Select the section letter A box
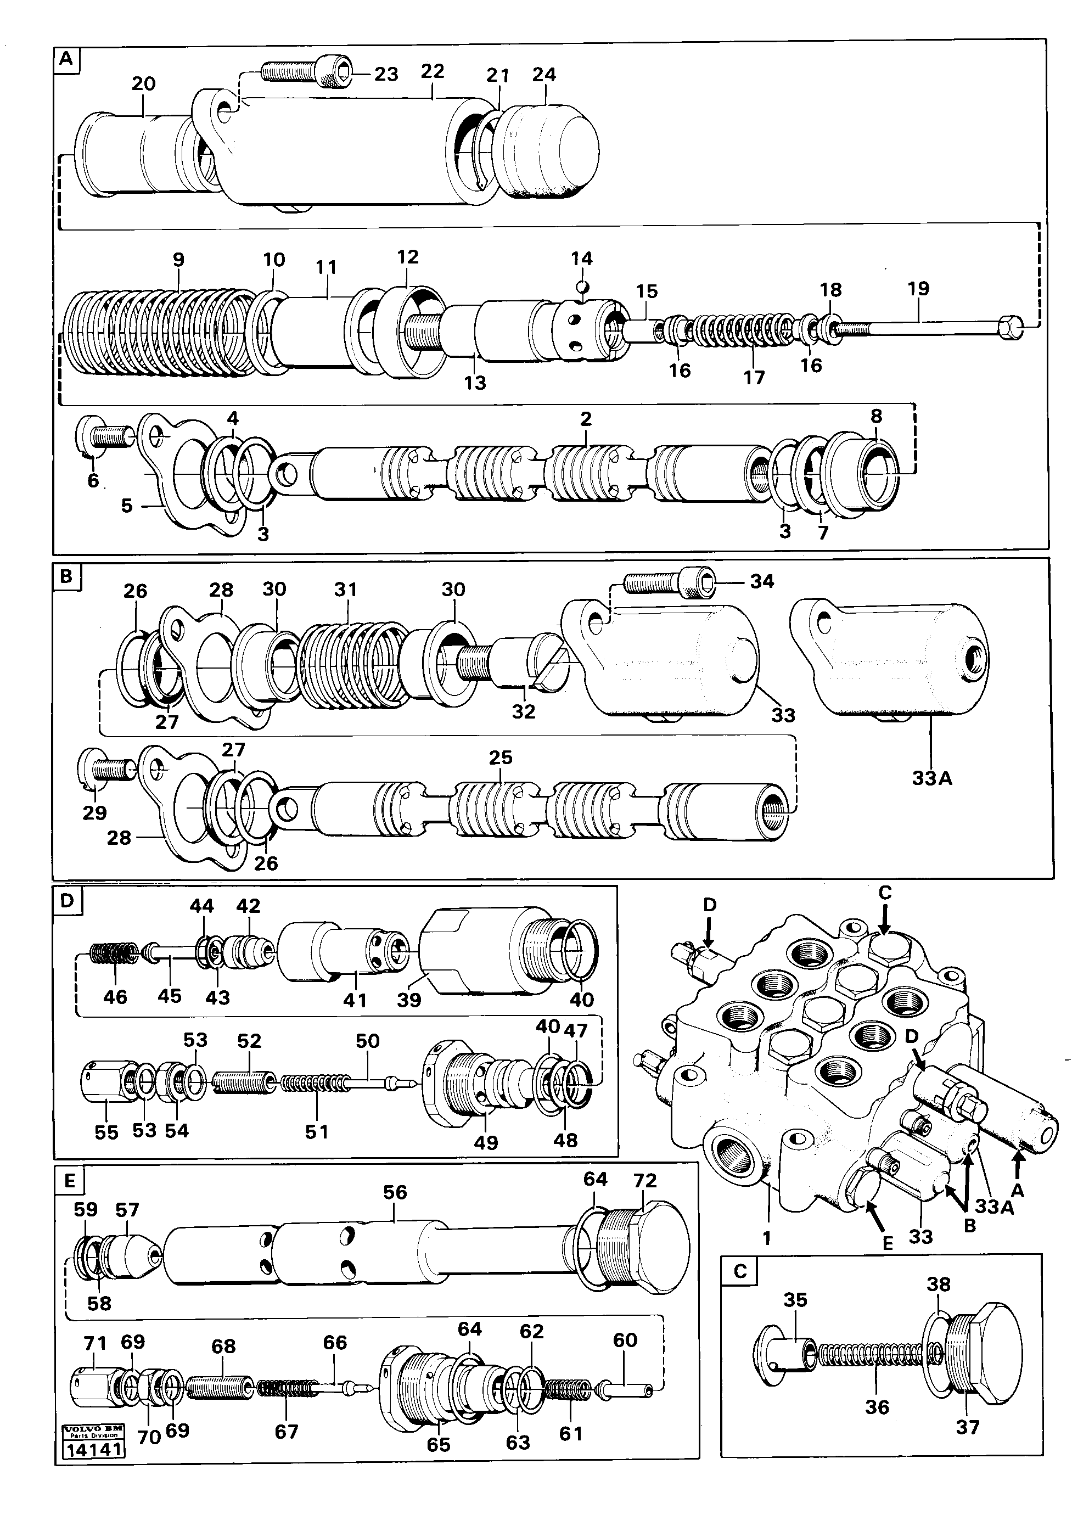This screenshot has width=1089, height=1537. coord(66,60)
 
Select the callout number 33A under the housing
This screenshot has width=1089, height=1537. coord(931,778)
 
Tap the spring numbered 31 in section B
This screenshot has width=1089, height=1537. coord(352,664)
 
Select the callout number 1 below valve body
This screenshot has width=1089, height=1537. coord(767,1237)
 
